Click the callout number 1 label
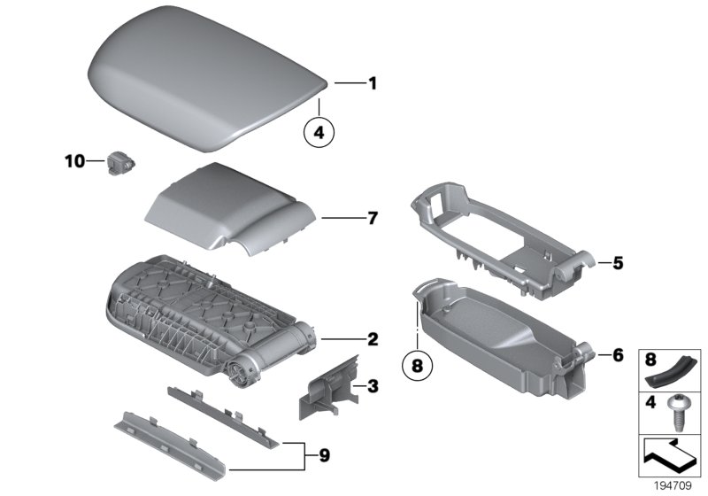click(373, 84)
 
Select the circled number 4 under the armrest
click(319, 133)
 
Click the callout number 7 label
click(373, 218)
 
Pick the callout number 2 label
click(373, 338)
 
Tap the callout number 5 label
click(618, 262)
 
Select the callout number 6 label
click(618, 355)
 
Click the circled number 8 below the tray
click(416, 364)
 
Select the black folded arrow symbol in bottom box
click(670, 455)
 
